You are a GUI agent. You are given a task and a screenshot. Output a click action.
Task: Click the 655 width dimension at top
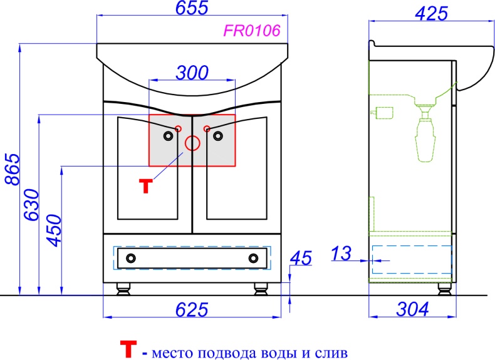click(x=192, y=8)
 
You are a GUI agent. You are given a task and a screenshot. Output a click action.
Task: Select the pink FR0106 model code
click(x=252, y=31)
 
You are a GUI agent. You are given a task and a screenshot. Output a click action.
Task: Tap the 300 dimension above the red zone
click(x=192, y=73)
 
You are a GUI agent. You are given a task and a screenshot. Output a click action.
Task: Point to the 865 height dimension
click(x=13, y=169)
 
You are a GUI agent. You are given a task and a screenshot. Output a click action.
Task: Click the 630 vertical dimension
click(x=32, y=205)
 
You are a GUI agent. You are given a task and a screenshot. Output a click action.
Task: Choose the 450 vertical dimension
click(x=54, y=230)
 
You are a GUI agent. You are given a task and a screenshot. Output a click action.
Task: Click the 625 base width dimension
click(x=192, y=309)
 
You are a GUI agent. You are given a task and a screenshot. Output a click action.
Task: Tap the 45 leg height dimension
click(x=301, y=258)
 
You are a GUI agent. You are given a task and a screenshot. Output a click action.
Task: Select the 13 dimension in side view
click(x=341, y=254)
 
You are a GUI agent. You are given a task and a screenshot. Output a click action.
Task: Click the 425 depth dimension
click(x=432, y=13)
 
